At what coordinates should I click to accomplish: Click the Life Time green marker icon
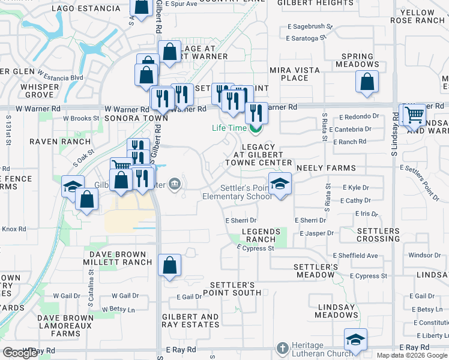(x=255, y=128)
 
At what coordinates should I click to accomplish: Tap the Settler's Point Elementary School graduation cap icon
(x=279, y=184)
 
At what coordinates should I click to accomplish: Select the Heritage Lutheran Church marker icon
(x=282, y=348)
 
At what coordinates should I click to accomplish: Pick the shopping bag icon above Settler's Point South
(x=170, y=265)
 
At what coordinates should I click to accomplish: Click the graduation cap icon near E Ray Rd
(x=356, y=340)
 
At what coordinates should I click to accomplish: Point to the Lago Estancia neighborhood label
(x=86, y=8)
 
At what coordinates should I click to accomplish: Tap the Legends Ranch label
(x=261, y=235)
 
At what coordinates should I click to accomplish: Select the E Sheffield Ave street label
(x=355, y=256)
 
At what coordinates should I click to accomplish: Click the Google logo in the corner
(x=20, y=353)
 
